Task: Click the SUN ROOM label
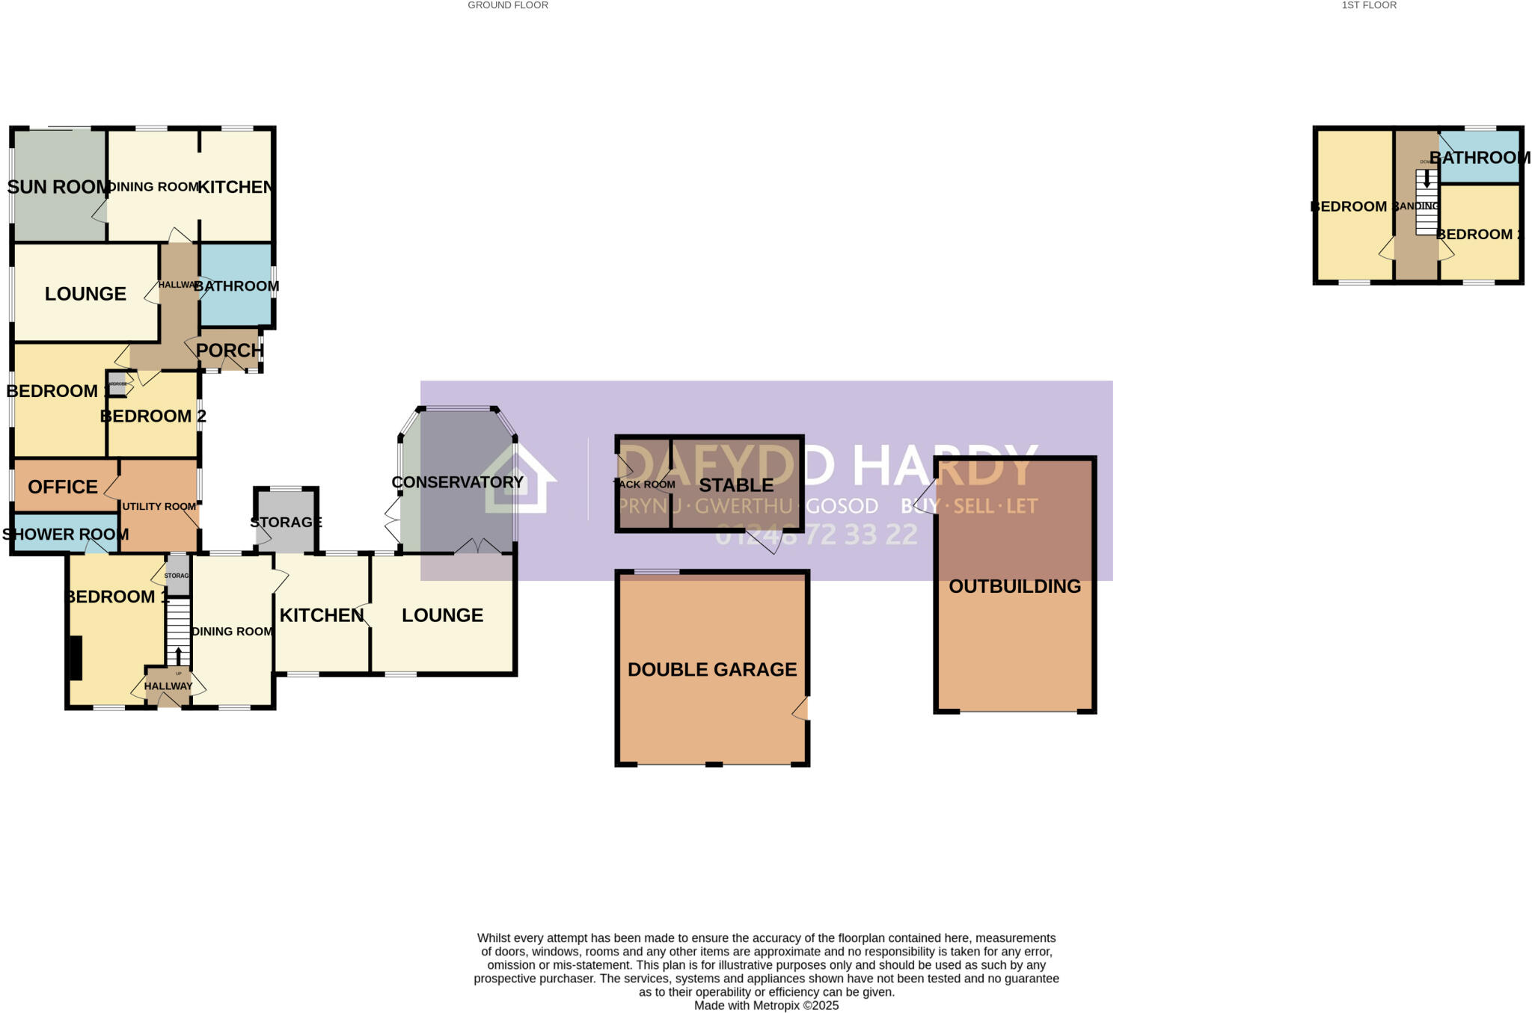[x=58, y=187]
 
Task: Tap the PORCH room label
[x=230, y=350]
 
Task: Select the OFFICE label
[x=63, y=487]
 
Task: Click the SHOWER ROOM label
[x=65, y=534]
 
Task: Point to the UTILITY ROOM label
[x=159, y=506]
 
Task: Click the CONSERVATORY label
[x=457, y=482]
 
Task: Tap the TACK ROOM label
[x=644, y=484]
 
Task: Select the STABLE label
[x=736, y=485]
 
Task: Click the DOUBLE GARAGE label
[x=712, y=669]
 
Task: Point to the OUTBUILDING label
[x=1014, y=586]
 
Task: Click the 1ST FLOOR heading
[x=1369, y=5]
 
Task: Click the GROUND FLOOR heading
[x=508, y=5]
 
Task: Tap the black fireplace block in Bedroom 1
[x=76, y=658]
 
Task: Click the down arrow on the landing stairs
[x=1427, y=179]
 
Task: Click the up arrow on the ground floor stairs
[x=178, y=655]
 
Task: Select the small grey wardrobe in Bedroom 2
[x=117, y=384]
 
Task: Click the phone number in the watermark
[x=816, y=535]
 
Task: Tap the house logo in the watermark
[x=520, y=480]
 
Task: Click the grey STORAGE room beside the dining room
[x=286, y=521]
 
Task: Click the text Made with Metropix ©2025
[x=766, y=1006]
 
